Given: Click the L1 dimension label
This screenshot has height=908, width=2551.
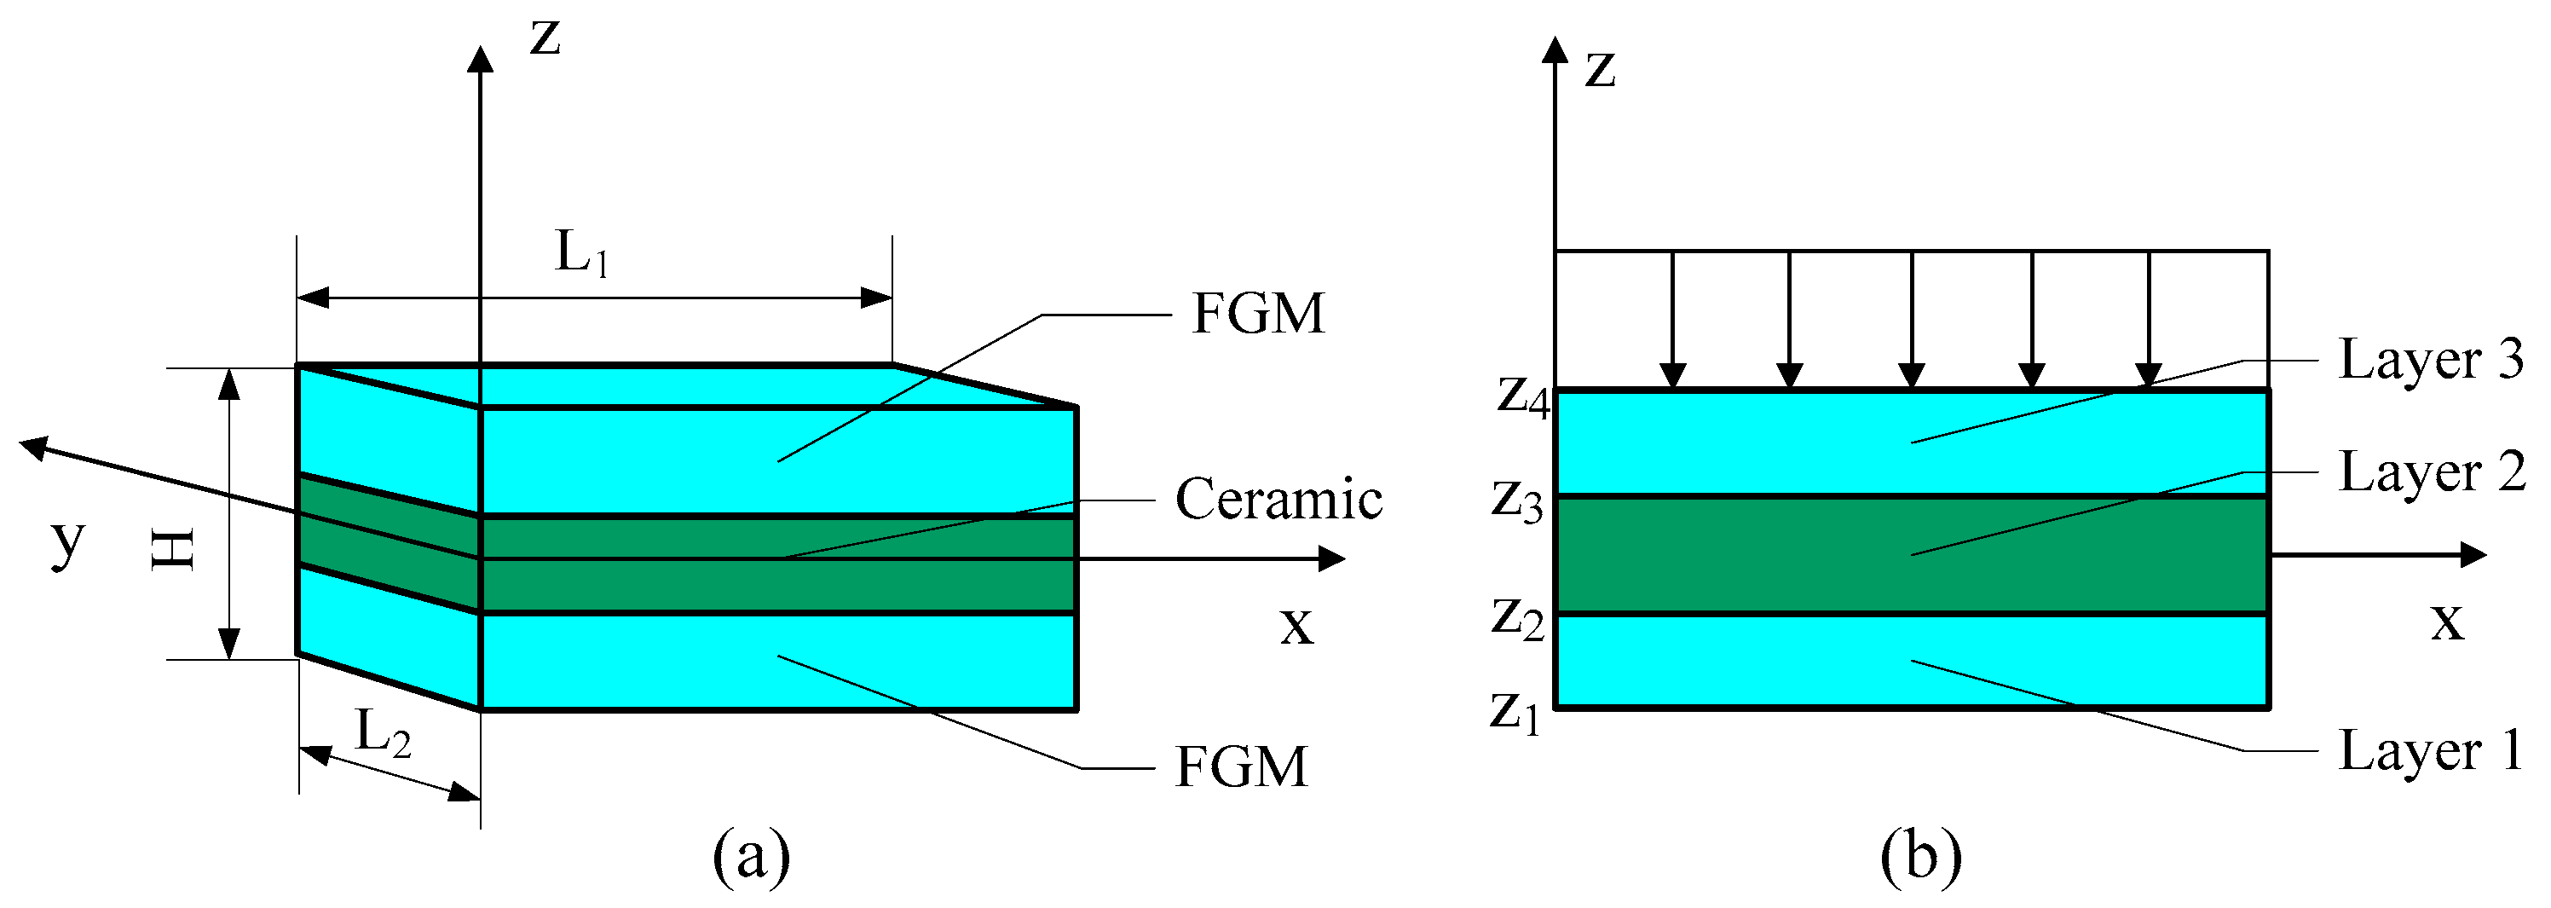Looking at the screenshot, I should (x=581, y=253).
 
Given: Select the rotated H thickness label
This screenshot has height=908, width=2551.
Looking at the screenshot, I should (x=173, y=550).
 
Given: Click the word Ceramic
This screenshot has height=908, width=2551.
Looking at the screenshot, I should (x=1278, y=499).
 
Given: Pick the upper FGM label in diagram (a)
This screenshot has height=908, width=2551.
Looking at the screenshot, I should (x=1258, y=314).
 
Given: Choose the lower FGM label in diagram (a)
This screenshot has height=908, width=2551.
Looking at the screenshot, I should (x=1241, y=767).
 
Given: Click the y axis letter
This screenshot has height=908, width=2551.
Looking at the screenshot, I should (x=67, y=541).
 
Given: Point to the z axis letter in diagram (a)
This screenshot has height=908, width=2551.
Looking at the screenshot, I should (x=545, y=38).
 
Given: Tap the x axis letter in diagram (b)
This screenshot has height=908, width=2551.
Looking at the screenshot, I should (x=2447, y=622).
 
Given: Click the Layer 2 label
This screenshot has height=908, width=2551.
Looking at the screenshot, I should (x=2431, y=472).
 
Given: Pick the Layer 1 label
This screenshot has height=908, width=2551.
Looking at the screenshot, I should (x=2430, y=750).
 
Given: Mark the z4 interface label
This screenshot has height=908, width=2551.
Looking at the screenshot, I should (x=1523, y=398).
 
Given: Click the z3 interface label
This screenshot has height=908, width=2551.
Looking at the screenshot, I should (x=1517, y=501).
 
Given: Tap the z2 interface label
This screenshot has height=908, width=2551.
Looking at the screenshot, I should (x=1518, y=619).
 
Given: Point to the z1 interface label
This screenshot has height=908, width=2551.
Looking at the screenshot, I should (x=1516, y=712).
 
